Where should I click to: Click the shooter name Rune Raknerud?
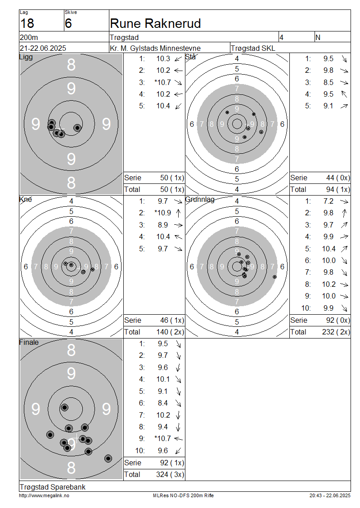point(155,24)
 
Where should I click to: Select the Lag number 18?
point(27,24)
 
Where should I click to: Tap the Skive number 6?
point(68,24)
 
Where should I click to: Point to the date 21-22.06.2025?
point(43,48)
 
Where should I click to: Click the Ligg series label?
point(26,58)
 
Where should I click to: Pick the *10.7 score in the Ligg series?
point(162,82)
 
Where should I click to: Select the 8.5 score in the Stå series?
point(328,82)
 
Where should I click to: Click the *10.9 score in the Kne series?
point(162,213)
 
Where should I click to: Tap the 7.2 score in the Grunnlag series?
point(328,201)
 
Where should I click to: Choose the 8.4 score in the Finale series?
point(163,403)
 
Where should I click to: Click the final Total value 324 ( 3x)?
point(170,475)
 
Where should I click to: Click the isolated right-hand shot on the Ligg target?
point(77,128)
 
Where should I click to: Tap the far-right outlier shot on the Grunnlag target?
point(274,276)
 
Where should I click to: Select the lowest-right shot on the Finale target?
point(108,459)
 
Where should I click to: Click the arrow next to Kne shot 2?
point(178,213)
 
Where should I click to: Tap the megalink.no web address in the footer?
point(44,495)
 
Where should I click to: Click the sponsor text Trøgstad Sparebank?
point(53,487)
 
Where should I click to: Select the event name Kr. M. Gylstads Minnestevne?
point(155,48)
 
